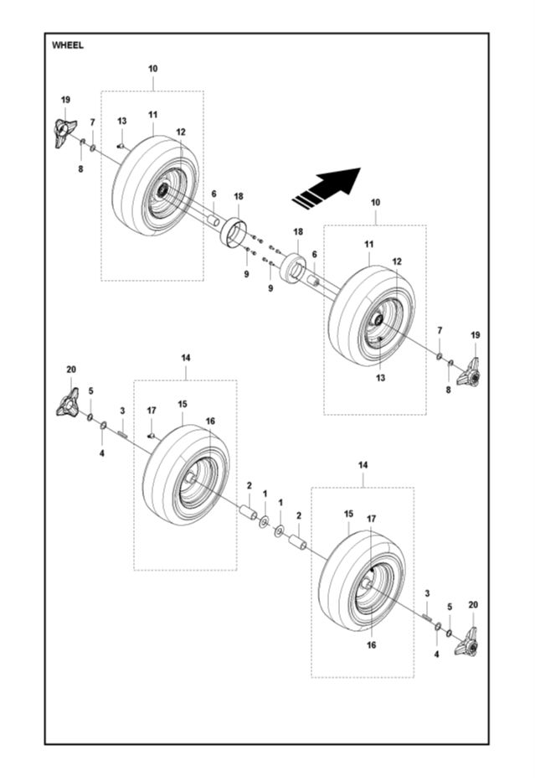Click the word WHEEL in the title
coord(68,45)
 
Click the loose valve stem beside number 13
coord(121,145)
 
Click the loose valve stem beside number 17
coord(152,435)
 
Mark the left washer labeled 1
coord(265,523)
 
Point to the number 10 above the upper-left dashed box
coord(152,68)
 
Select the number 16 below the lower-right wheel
coord(371,645)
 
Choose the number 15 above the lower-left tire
coord(182,404)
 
